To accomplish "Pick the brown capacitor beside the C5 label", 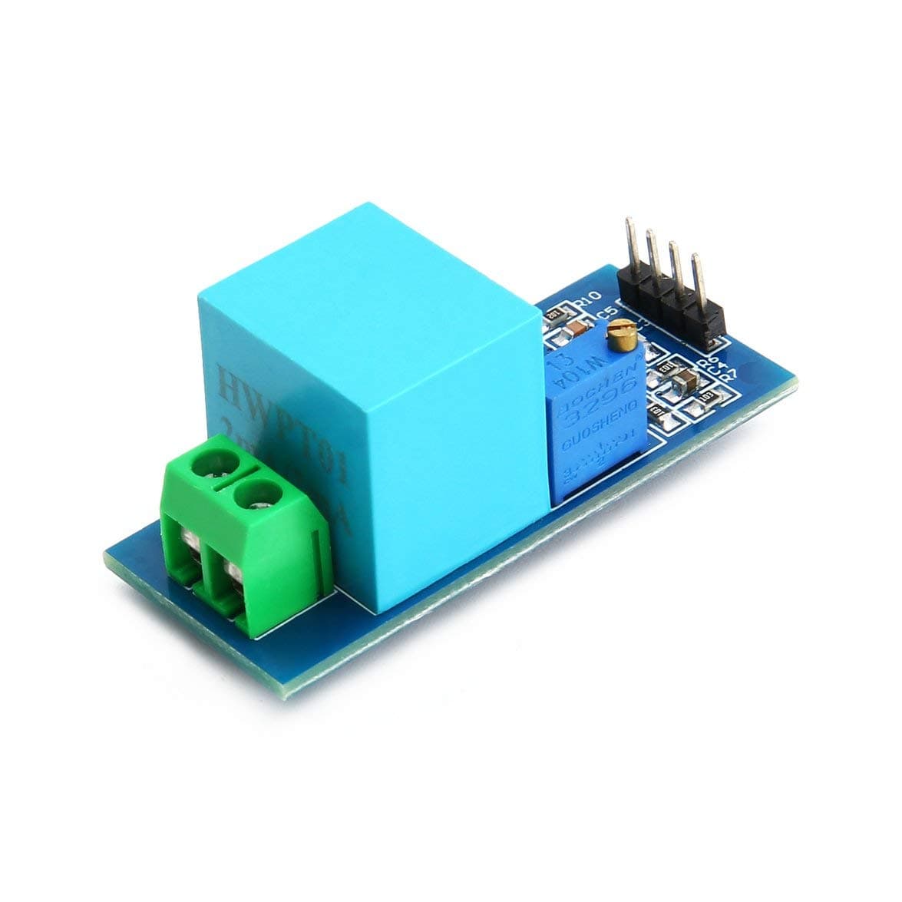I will tap(575, 328).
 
